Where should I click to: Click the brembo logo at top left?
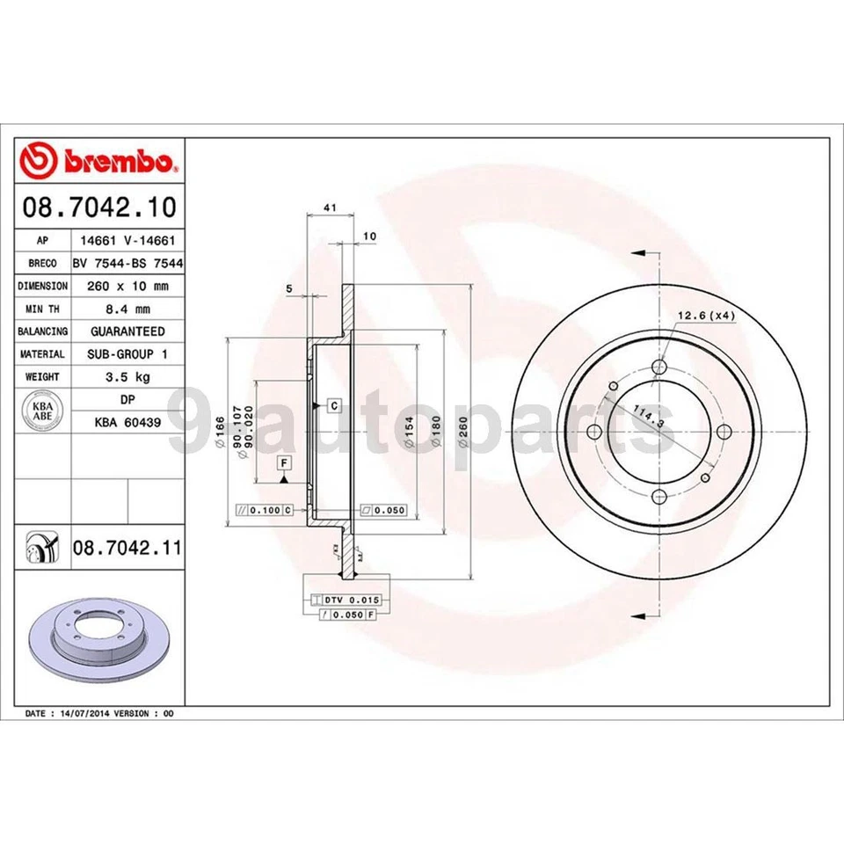[x=98, y=161]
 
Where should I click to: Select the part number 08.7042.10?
[x=98, y=207]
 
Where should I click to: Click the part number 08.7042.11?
[x=127, y=549]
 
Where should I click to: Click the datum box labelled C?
[x=335, y=405]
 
